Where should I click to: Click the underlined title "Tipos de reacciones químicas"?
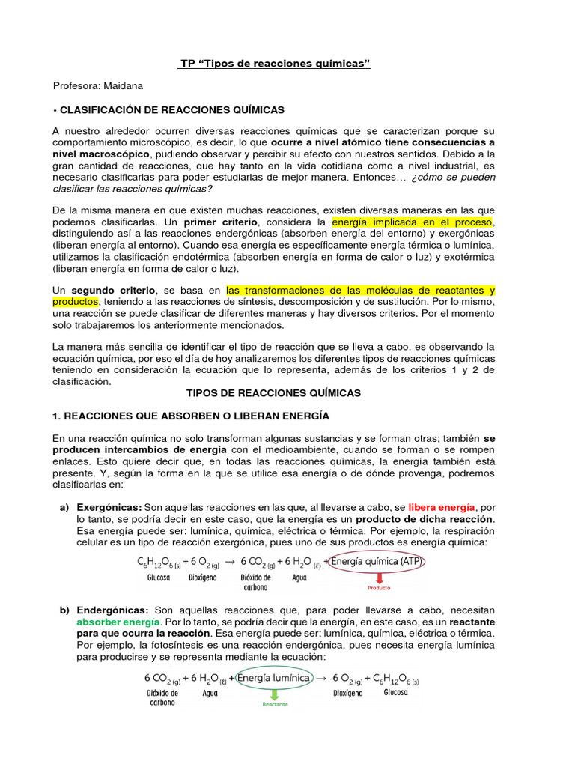[275, 64]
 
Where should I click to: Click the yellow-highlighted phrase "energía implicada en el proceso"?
[412, 223]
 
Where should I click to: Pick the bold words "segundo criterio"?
[113, 290]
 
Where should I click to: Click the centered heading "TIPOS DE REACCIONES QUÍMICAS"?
[273, 393]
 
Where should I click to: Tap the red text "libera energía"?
[439, 508]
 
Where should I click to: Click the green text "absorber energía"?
[106, 622]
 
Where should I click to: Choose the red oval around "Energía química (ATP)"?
[377, 561]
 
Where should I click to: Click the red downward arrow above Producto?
[379, 577]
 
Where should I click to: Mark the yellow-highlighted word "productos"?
[76, 301]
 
